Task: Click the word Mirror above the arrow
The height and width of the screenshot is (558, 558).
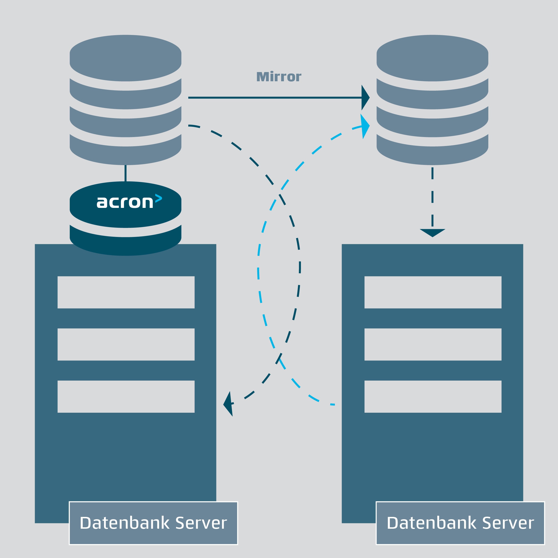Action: (x=279, y=77)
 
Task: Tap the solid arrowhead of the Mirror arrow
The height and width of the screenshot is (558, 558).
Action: (x=365, y=98)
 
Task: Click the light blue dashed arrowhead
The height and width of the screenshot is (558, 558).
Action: (x=365, y=126)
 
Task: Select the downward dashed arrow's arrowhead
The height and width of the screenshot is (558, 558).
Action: (x=432, y=232)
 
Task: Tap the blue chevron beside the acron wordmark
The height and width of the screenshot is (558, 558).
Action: (x=158, y=198)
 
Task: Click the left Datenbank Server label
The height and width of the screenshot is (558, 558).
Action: (x=153, y=523)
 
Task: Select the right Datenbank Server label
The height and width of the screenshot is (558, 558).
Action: (x=460, y=523)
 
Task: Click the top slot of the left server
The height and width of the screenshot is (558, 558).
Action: (x=126, y=292)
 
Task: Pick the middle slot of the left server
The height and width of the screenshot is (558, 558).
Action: (x=126, y=344)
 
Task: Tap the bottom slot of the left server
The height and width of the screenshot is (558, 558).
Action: (x=126, y=396)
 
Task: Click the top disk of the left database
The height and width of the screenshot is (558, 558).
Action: (x=125, y=58)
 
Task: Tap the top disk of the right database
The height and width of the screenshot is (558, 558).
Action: (x=432, y=58)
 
